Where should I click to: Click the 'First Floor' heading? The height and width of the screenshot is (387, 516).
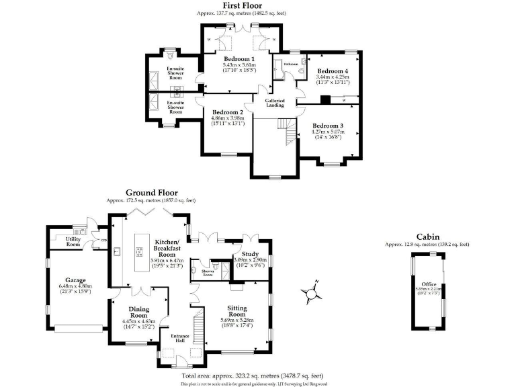(243, 6)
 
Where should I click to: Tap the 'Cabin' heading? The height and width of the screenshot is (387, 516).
(427, 236)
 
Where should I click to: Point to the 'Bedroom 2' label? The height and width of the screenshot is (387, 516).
(227, 112)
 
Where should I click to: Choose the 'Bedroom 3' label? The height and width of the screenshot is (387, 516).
(328, 126)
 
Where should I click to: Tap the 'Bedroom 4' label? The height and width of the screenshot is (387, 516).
(333, 71)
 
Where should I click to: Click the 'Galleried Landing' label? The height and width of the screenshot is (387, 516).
(274, 103)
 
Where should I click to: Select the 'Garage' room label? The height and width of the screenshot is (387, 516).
(75, 280)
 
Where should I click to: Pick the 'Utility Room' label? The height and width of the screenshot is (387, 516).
(73, 241)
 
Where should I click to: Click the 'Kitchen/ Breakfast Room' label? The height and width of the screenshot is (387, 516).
(166, 247)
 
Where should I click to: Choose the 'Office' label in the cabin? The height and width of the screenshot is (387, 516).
(428, 284)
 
